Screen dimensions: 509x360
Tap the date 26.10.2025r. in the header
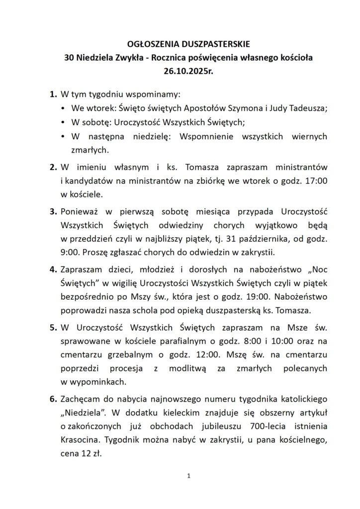180,71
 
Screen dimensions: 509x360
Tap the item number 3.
53,212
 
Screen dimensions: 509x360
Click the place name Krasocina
80,440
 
